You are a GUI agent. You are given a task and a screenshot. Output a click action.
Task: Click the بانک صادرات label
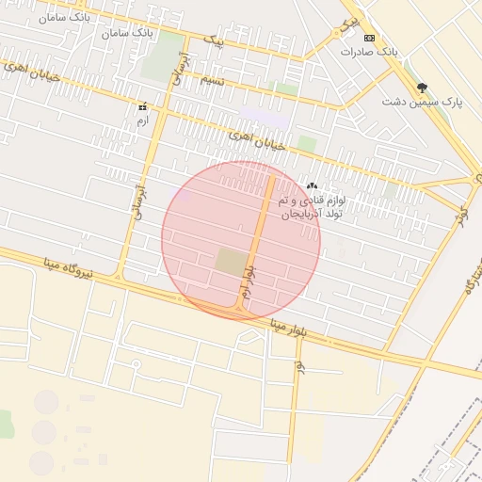tap(388, 51)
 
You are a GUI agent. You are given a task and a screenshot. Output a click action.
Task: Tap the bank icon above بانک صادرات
tap(369, 38)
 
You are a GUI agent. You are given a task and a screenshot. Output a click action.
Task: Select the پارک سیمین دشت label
tap(423, 99)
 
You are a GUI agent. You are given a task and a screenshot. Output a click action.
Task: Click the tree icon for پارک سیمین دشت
tap(421, 86)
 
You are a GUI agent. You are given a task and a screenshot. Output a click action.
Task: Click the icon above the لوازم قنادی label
tap(312, 186)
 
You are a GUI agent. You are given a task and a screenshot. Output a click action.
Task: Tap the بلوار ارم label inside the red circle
tap(248, 283)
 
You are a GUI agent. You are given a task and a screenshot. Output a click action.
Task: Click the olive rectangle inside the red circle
tap(230, 262)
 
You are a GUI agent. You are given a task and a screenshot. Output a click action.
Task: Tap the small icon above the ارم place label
tap(142, 107)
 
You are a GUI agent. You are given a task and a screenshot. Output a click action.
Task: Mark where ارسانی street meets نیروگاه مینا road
tap(120, 276)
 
